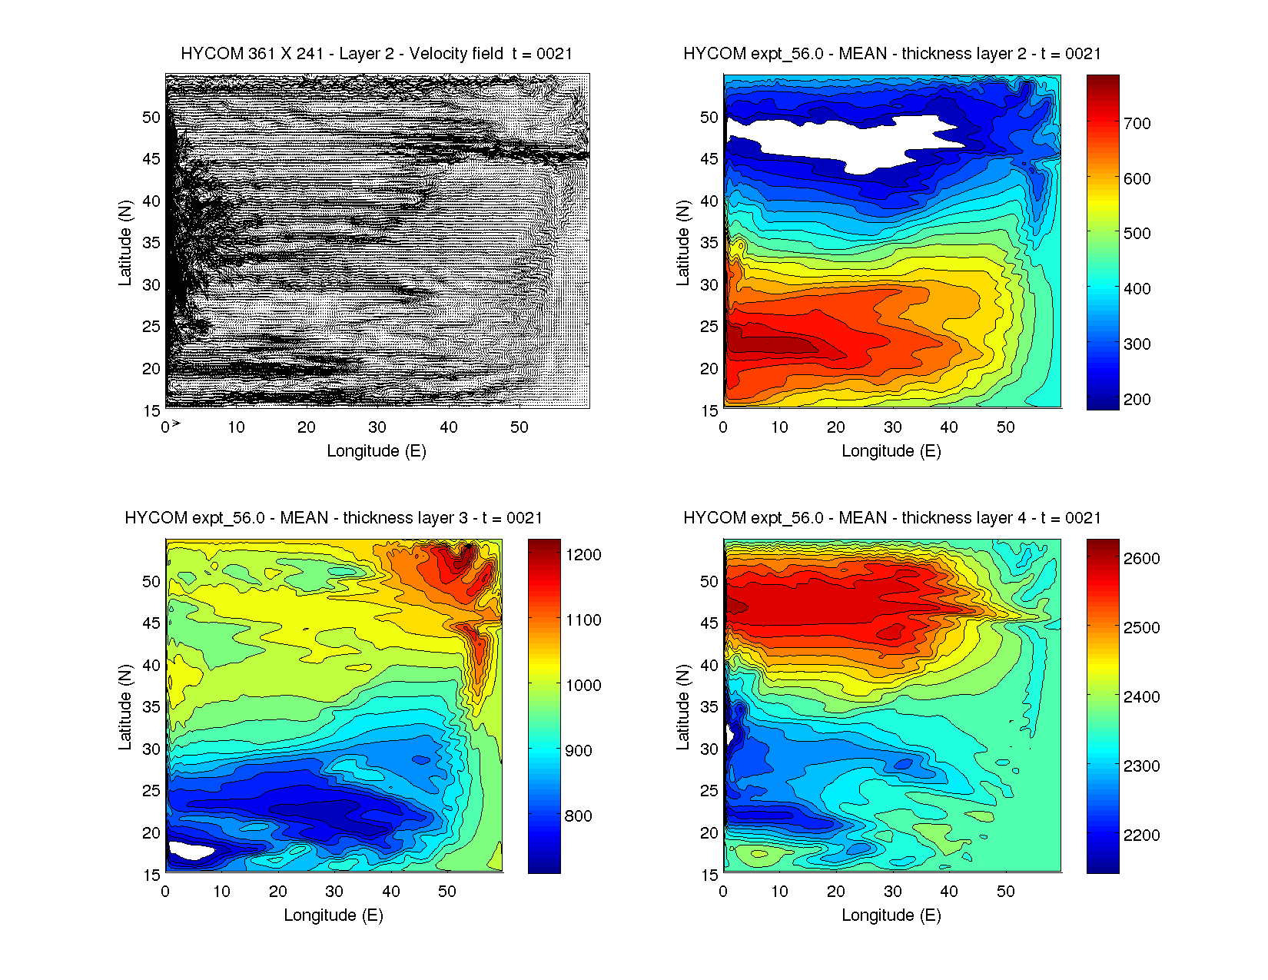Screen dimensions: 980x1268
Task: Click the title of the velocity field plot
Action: [377, 54]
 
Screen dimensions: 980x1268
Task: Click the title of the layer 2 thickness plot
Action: [891, 54]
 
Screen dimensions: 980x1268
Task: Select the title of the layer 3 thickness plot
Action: [334, 518]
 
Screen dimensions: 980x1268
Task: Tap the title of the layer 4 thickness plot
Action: [891, 518]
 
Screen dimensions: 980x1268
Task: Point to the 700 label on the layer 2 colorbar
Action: [1137, 124]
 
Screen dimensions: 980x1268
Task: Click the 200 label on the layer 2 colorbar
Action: [1137, 400]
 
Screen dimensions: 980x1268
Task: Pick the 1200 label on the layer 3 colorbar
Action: [583, 555]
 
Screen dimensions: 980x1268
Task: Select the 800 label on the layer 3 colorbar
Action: [578, 816]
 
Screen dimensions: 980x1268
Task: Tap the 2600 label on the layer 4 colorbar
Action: [1141, 559]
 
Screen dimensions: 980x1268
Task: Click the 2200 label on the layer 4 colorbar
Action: [1141, 835]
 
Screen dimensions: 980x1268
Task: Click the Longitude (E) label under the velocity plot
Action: [377, 451]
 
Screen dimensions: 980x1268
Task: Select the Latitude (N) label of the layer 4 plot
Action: [682, 707]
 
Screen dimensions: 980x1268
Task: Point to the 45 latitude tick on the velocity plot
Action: [151, 159]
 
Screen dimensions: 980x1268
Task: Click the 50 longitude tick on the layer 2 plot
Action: [1005, 427]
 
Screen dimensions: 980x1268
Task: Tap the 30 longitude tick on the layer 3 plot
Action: [334, 892]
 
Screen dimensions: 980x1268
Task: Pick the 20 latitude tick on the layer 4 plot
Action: [709, 833]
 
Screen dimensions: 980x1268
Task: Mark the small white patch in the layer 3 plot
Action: [191, 851]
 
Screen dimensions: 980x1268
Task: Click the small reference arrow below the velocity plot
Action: [176, 424]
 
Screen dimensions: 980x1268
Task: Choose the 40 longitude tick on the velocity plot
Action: [448, 427]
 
